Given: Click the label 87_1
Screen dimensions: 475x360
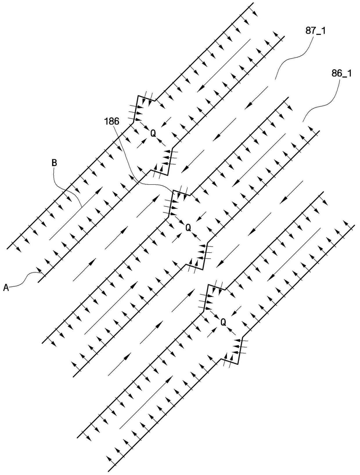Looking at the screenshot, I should point(315,31).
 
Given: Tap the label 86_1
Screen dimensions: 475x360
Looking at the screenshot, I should point(341,74).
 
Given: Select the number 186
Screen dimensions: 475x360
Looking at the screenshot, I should point(112,121).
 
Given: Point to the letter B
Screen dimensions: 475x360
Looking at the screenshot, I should point(54,163).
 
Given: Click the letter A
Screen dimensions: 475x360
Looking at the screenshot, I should point(6,288).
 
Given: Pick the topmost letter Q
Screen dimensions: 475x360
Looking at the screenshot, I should point(153,133).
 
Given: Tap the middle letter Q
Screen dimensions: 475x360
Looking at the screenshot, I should point(188,228).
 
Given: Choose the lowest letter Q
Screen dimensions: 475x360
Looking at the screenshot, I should point(223,322).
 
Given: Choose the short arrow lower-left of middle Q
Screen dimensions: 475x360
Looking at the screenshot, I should point(177,238).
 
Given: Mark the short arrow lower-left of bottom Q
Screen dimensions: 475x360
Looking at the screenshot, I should point(211,332).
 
